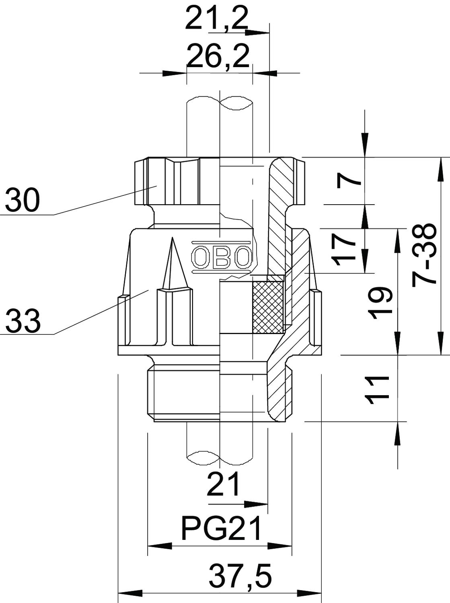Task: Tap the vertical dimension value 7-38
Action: (x=424, y=255)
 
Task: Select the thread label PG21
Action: (x=222, y=529)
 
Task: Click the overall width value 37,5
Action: (x=240, y=576)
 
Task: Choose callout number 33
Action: (x=23, y=322)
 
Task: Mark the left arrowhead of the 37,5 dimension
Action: (x=130, y=593)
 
